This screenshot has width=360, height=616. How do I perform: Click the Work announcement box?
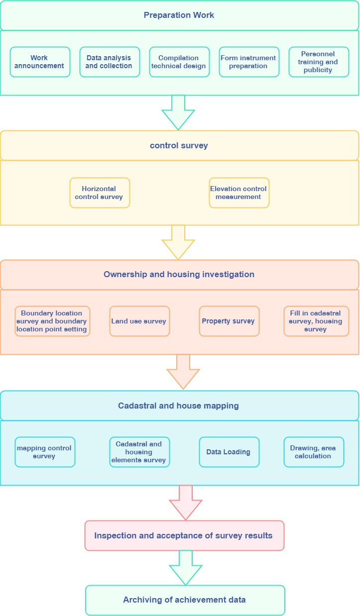(40, 62)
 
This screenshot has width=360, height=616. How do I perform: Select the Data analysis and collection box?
(110, 62)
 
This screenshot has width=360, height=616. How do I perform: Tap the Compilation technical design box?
(179, 62)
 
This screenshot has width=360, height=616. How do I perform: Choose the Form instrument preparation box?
(249, 62)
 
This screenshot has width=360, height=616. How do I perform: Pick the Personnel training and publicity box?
(319, 62)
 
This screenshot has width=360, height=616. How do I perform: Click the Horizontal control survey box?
(100, 193)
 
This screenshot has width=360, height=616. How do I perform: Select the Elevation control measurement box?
(239, 193)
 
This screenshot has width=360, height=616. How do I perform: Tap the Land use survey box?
(139, 321)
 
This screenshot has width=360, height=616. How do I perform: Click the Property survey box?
(229, 321)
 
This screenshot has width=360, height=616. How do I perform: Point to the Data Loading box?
(229, 452)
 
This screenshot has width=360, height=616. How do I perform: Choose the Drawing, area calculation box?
(314, 452)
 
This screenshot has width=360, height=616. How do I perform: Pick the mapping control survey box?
(45, 452)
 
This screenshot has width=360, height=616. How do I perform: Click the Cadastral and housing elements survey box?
(139, 452)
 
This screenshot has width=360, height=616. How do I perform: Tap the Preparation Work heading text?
(179, 15)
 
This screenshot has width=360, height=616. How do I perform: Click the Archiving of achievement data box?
(185, 600)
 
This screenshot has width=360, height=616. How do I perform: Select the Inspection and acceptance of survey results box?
(184, 536)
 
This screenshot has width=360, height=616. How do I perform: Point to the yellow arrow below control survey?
(178, 242)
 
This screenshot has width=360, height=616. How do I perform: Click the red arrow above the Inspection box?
(186, 502)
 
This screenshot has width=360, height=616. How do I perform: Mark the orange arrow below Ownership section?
(183, 372)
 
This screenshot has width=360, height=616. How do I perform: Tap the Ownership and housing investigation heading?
(179, 275)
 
